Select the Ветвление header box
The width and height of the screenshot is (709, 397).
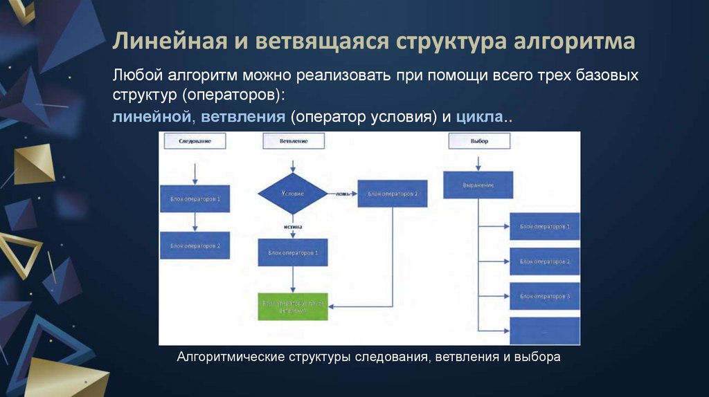(294, 140)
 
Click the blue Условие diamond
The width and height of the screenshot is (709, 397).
(293, 194)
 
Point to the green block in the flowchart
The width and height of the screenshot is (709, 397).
(294, 305)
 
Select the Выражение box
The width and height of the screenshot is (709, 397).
(478, 185)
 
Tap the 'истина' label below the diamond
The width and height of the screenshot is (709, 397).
(293, 226)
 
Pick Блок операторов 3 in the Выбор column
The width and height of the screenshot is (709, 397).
(544, 296)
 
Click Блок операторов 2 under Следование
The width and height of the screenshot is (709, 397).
(195, 246)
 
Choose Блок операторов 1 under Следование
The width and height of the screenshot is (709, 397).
(195, 198)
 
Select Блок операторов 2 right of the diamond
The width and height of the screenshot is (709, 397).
(393, 194)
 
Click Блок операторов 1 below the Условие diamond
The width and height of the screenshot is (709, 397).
(293, 253)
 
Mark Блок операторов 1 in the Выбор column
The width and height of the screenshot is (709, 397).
(544, 226)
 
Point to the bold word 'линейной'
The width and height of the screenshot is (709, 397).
(152, 117)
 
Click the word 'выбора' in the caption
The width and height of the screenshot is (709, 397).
(539, 357)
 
